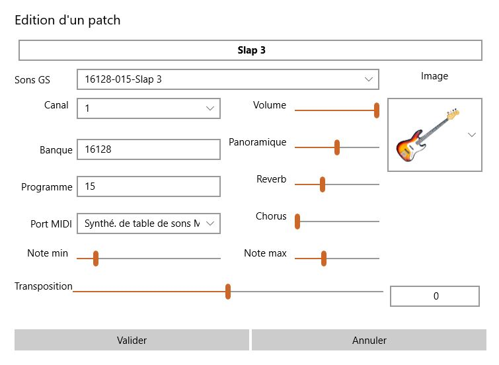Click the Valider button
click(x=132, y=340)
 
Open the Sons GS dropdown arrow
click(x=369, y=79)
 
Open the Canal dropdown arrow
click(x=210, y=108)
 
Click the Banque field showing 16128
click(x=148, y=149)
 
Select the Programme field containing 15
click(x=148, y=186)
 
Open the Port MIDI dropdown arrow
click(x=210, y=223)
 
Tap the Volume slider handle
click(x=377, y=110)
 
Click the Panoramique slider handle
click(x=337, y=147)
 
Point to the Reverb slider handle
click(x=323, y=184)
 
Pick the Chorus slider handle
click(x=297, y=222)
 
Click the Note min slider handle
click(x=96, y=259)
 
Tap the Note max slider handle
click(x=324, y=259)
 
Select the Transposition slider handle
click(x=228, y=292)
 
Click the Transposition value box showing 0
click(x=435, y=296)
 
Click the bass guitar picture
click(x=426, y=136)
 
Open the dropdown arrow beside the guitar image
click(x=472, y=135)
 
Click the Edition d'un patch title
click(x=67, y=20)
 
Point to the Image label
click(x=434, y=76)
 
